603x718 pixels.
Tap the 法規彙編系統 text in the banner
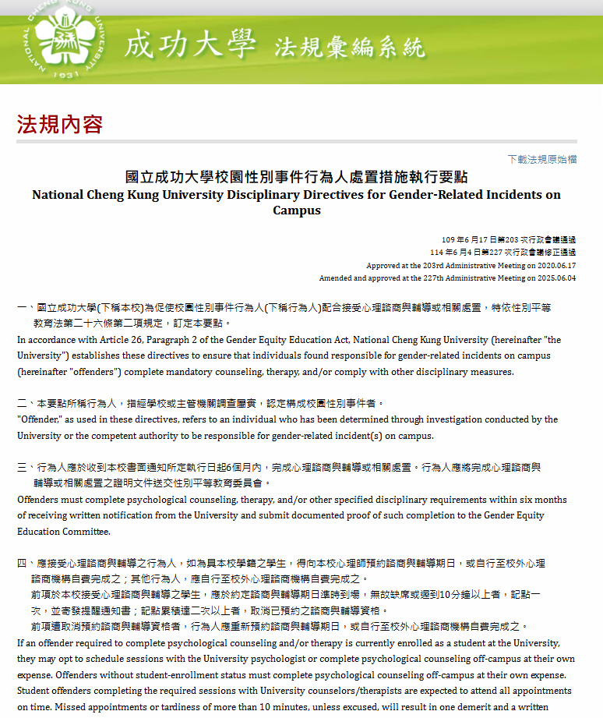pyautogui.click(x=350, y=47)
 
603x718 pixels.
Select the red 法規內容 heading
pyautogui.click(x=60, y=124)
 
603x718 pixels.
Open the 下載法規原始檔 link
pyautogui.click(x=542, y=159)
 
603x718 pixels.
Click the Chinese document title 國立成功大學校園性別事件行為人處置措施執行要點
pyautogui.click(x=296, y=178)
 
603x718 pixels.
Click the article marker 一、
pyautogui.click(x=26, y=308)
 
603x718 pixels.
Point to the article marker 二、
pyautogui.click(x=26, y=403)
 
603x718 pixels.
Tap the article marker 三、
pyautogui.click(x=26, y=468)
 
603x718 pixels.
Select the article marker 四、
pyautogui.click(x=26, y=563)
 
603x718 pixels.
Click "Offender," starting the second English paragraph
pyautogui.click(x=40, y=419)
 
